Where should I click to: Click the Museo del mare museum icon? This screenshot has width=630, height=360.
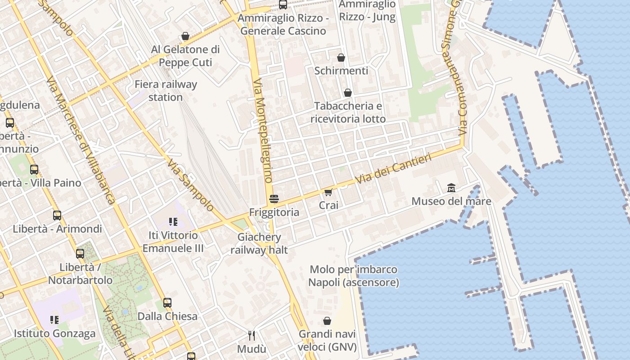coord(451,187)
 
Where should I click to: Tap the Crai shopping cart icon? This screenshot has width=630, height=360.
coord(328,192)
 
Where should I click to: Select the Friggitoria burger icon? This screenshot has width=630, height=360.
coord(274,198)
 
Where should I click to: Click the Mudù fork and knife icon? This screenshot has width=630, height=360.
coord(252,335)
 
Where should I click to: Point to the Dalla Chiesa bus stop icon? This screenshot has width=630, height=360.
coord(167,303)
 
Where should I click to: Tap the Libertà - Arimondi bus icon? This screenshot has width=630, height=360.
coord(57,215)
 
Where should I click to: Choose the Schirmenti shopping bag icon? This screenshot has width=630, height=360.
coord(341,58)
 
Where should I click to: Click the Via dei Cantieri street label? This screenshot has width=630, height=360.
coord(393,168)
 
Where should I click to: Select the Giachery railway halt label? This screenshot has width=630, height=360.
coord(259,243)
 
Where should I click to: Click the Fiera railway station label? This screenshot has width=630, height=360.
coord(166,90)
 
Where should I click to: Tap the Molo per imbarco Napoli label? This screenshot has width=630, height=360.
coord(354,276)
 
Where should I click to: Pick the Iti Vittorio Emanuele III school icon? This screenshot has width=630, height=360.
coord(173,221)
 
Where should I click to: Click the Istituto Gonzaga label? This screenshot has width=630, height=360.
coord(54,333)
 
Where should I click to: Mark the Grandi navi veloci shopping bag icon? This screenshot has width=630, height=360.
coord(327,321)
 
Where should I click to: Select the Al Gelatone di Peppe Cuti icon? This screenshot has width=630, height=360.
coord(185,36)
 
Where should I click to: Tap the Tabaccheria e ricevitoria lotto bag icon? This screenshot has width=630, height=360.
coord(348,93)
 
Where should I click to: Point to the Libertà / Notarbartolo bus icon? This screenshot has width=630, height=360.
coord(80,253)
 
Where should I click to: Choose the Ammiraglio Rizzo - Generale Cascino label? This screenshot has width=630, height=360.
coord(283,24)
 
